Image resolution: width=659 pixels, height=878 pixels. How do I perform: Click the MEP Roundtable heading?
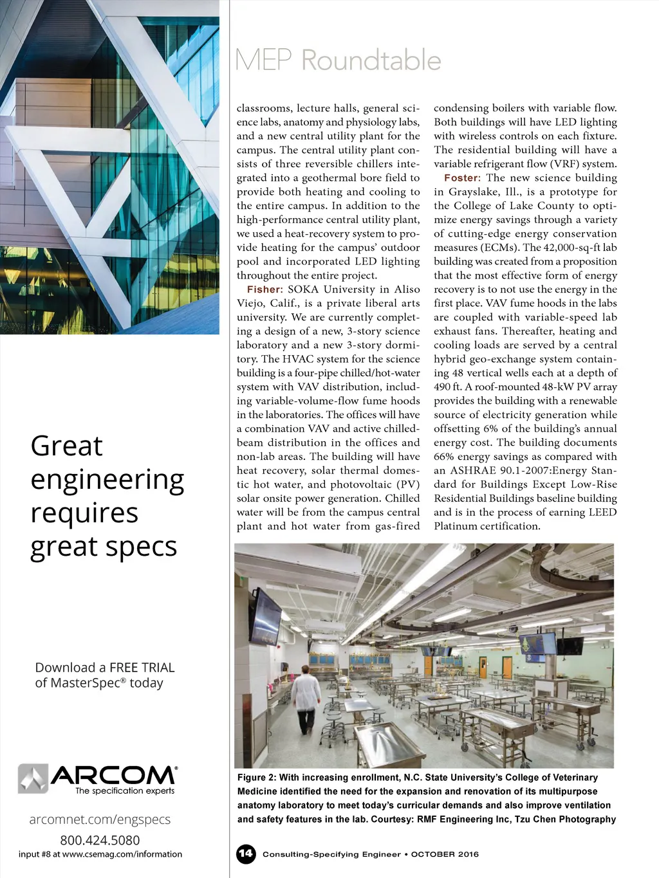click(x=338, y=60)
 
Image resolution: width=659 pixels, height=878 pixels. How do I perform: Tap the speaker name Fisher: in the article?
click(x=265, y=289)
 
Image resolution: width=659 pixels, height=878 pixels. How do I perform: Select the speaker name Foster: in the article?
click(x=462, y=178)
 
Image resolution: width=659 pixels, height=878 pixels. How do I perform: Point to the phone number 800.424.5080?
click(x=100, y=839)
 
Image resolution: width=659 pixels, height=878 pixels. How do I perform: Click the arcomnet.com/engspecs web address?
click(x=100, y=819)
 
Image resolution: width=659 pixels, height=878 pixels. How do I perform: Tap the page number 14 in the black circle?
click(x=246, y=854)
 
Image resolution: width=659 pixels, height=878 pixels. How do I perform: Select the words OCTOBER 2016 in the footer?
click(x=445, y=854)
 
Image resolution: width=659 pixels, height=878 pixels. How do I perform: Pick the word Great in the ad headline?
click(x=67, y=446)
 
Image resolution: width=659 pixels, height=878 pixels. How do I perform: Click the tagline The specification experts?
click(x=125, y=791)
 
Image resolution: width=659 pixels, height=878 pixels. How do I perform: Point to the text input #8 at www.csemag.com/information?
click(x=100, y=854)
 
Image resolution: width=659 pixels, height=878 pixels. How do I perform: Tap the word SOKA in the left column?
click(x=303, y=289)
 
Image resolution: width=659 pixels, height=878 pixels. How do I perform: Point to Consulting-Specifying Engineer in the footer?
click(x=331, y=854)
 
